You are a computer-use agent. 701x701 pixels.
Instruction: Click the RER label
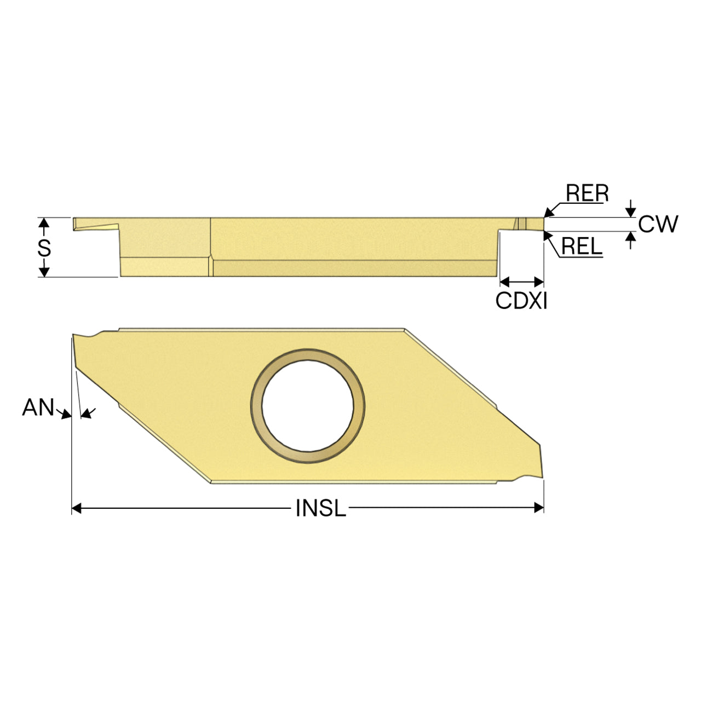(x=587, y=193)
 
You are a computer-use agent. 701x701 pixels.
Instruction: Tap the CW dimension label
(x=658, y=224)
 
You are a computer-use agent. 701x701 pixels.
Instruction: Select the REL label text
(x=581, y=246)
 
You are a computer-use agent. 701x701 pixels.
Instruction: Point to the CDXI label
(x=521, y=301)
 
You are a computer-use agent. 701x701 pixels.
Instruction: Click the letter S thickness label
(x=44, y=249)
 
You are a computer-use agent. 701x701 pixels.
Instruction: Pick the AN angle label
(x=38, y=407)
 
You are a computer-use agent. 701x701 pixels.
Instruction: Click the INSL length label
(x=320, y=508)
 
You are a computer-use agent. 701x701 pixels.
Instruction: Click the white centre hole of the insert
(x=307, y=406)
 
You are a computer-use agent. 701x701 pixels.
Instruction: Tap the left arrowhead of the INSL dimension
(x=76, y=508)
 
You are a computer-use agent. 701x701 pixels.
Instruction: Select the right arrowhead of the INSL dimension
(x=539, y=508)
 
